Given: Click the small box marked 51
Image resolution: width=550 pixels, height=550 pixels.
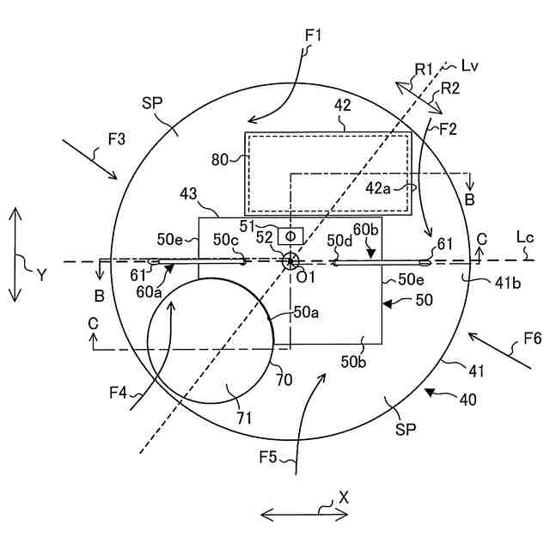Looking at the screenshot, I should [x=290, y=235].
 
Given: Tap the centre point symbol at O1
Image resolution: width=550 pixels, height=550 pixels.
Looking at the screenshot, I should [x=290, y=261].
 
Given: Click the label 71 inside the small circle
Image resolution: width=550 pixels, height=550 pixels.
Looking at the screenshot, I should [x=244, y=418].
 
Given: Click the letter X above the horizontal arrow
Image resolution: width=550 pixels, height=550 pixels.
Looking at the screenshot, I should [x=344, y=497].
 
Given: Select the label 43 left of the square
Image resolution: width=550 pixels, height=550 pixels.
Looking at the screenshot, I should [x=188, y=197].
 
